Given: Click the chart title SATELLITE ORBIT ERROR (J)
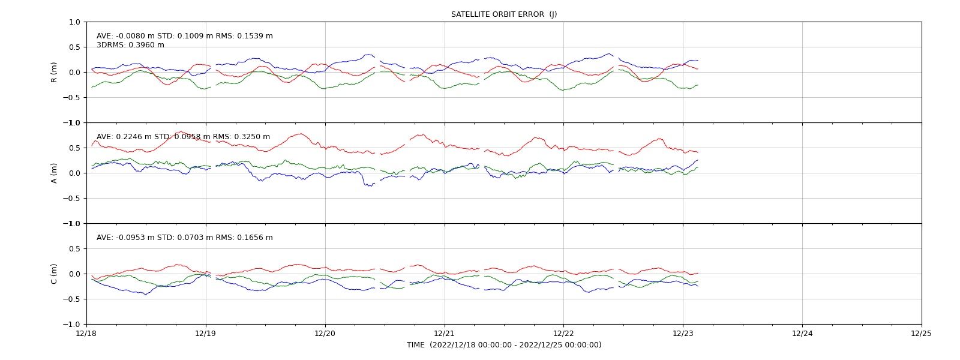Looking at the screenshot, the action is coord(504,14).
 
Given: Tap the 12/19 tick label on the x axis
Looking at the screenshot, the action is coord(206,334).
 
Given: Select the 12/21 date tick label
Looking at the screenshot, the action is coord(445,334).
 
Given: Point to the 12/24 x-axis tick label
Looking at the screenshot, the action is coord(802,334).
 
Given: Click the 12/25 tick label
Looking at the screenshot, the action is coord(922,334).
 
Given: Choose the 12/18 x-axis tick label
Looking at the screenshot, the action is coord(86,334).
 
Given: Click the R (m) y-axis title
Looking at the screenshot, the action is coord(53,73).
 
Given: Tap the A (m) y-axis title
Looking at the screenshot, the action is coord(53,173).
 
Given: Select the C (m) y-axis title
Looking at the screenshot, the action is coord(53,274).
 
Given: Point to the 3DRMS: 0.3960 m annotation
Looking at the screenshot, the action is coord(130,45).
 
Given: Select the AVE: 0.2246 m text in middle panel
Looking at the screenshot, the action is coord(124,137).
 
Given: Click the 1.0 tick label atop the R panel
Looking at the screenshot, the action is coord(74,22).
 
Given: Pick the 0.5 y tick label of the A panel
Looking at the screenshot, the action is coord(74,148).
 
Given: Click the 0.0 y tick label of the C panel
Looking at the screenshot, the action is coord(74,274).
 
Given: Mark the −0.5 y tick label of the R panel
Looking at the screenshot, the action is coord(71,98).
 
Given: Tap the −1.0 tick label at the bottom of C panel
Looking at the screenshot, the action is coord(71,325).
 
